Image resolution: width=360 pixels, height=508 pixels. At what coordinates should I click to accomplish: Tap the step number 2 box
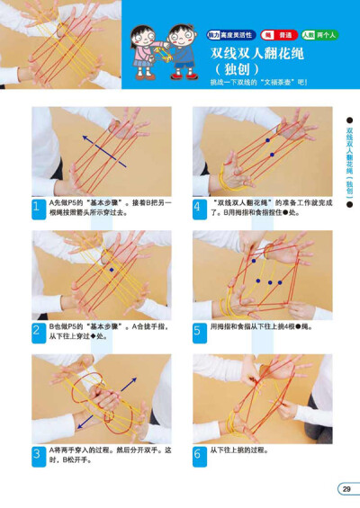click(x=38, y=330)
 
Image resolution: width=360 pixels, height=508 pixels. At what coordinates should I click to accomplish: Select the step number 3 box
click(x=38, y=453)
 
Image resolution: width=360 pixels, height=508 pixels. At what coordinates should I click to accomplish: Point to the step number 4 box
click(x=198, y=207)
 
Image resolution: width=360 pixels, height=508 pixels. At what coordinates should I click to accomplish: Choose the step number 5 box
click(x=198, y=330)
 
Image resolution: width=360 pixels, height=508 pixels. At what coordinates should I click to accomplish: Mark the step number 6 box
click(x=198, y=453)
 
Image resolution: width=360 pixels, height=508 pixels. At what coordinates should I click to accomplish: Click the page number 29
click(x=346, y=488)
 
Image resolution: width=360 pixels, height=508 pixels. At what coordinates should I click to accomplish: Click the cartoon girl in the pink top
click(x=143, y=50)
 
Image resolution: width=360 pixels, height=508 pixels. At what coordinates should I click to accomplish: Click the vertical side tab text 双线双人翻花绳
click(x=348, y=166)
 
